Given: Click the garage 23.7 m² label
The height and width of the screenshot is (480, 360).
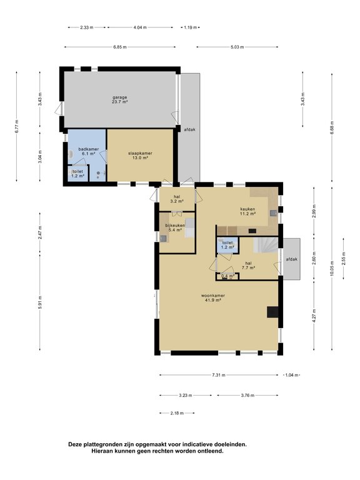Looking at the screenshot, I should tap(120, 100).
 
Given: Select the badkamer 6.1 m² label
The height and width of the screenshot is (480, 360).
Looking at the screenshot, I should tap(87, 151).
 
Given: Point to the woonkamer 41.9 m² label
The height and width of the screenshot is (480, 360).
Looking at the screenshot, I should tap(213, 298).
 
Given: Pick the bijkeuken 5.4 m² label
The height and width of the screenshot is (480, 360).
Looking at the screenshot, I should tap(174, 227).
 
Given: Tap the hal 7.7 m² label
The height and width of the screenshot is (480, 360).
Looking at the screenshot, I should tap(248, 266).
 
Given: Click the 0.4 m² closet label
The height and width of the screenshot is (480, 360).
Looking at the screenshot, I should tap(227, 276).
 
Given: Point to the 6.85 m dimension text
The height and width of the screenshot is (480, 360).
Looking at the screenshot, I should tap(120, 47).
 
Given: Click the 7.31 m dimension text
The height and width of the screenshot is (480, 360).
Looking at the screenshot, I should tap(219, 375).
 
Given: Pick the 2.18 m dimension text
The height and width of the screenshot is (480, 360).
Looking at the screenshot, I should tap(177, 413).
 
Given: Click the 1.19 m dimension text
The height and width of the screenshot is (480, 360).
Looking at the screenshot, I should tap(190, 27).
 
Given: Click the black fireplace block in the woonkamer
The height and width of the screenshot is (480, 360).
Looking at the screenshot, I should tap(273, 312).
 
